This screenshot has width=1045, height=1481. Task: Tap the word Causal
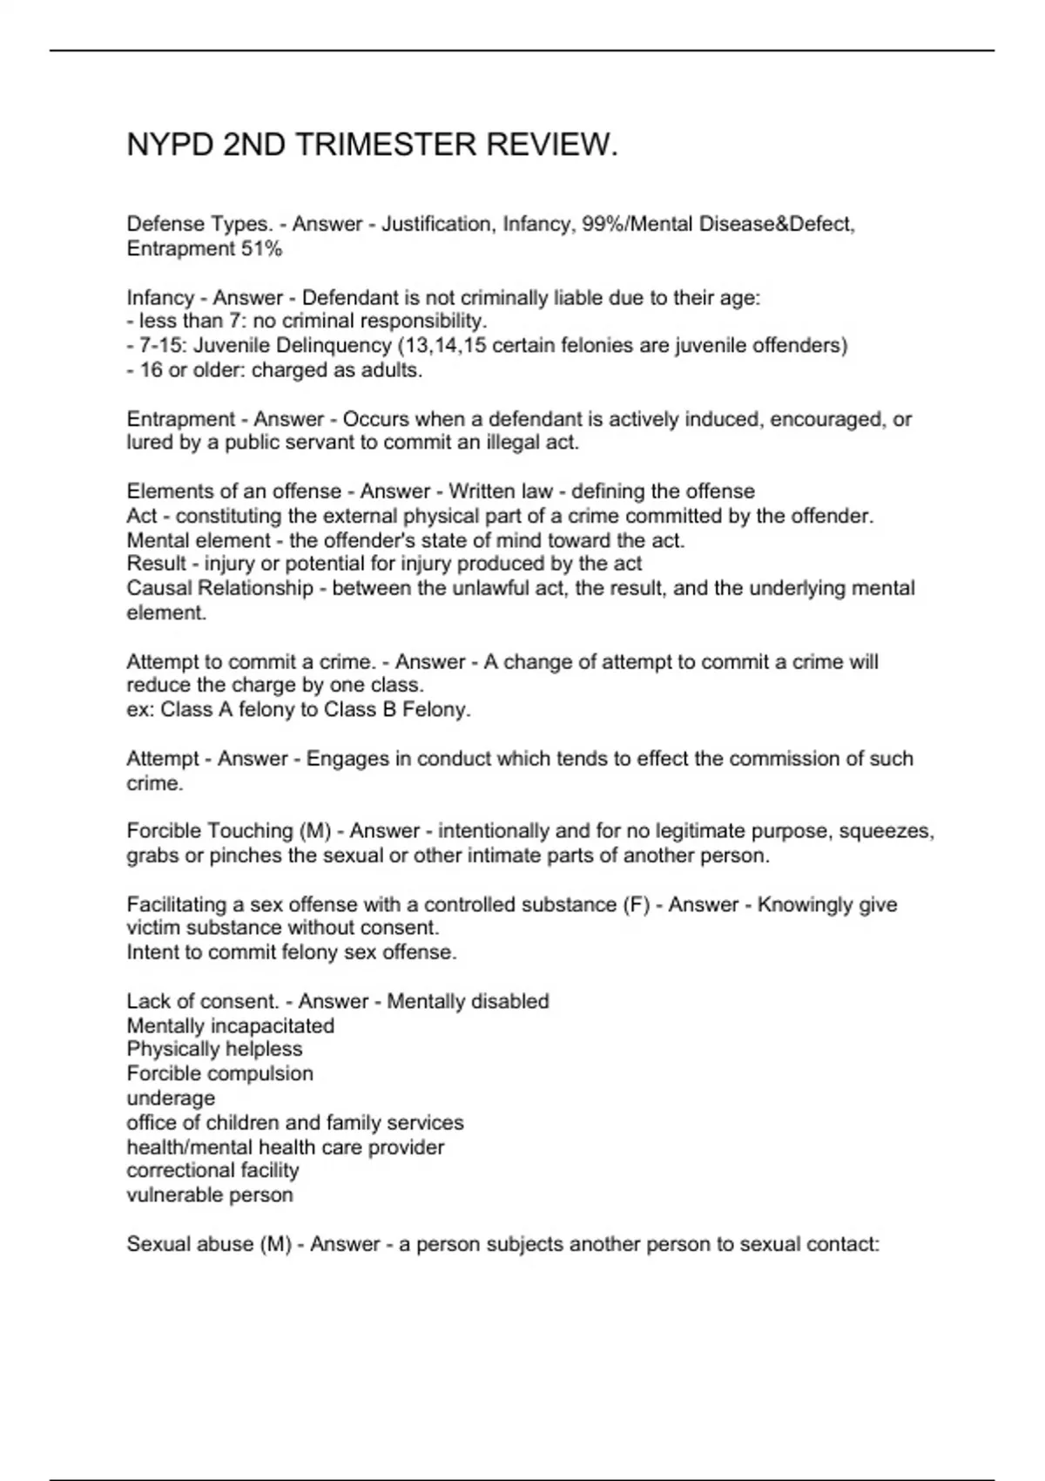point(158,589)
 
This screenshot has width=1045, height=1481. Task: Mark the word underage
point(171,1099)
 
